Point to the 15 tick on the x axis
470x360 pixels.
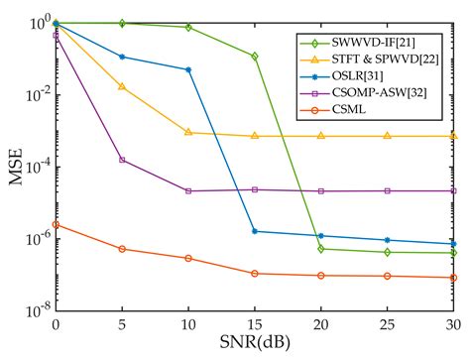[255, 323]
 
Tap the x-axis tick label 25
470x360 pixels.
[388, 323]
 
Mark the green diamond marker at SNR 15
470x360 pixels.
[255, 57]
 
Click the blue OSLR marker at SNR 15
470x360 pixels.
[255, 231]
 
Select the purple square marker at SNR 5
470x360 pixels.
[122, 160]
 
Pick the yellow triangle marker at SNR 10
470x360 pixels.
[188, 132]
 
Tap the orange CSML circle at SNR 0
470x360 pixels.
[56, 225]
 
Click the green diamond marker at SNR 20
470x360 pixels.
[321, 249]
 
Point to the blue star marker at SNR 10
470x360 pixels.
[188, 69]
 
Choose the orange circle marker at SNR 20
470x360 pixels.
[321, 275]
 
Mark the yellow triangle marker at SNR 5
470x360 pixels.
[122, 86]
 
